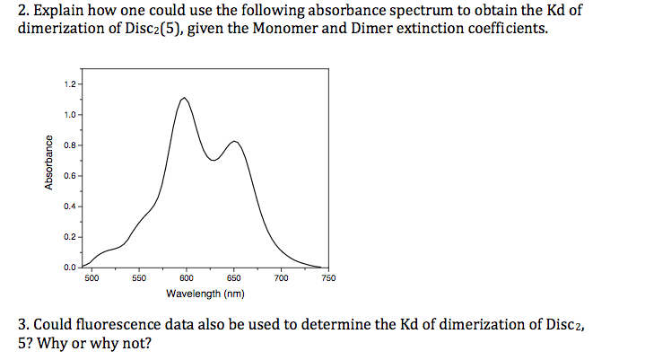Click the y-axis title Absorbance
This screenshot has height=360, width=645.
click(39, 162)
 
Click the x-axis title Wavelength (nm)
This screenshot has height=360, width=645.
click(205, 294)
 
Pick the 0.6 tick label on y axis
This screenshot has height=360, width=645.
click(69, 176)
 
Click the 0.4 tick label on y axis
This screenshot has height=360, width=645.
click(69, 206)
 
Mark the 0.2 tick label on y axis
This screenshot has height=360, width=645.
click(69, 237)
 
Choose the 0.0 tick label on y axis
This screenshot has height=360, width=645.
click(69, 268)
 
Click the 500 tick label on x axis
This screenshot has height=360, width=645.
click(92, 279)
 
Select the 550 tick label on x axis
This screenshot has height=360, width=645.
click(139, 279)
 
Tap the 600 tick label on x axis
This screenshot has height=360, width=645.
click(187, 279)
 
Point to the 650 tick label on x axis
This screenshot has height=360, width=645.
click(233, 279)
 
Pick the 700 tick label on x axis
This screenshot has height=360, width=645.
click(281, 279)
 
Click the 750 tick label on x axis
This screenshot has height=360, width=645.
click(328, 279)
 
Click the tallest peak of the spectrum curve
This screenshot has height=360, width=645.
click(184, 98)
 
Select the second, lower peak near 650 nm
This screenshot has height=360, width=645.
click(234, 141)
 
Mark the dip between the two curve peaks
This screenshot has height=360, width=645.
click(214, 161)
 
